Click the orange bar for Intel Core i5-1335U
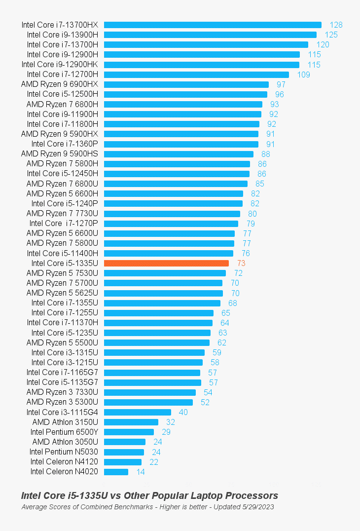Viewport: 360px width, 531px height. click(166, 263)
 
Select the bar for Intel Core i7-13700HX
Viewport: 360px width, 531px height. click(213, 25)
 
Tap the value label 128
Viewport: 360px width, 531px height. click(336, 25)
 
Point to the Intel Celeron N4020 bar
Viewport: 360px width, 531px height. click(116, 472)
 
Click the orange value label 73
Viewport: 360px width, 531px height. click(241, 264)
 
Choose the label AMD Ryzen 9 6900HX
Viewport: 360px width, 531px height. click(60, 84)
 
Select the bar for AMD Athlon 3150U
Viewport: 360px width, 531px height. click(131, 422)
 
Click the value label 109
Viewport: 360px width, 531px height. click(304, 75)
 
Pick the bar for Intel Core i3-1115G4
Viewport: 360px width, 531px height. click(138, 412)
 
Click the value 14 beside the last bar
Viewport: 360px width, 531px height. click(141, 472)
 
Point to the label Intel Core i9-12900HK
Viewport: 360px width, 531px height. click(60, 65)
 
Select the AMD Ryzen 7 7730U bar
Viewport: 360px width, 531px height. click(172, 214)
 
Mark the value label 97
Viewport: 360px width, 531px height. click(281, 84)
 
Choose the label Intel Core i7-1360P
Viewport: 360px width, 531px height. click(65, 144)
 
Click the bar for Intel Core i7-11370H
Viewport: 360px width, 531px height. click(158, 323)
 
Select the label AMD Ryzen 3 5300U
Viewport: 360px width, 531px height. click(62, 402)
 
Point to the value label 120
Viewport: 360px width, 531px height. click(323, 45)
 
